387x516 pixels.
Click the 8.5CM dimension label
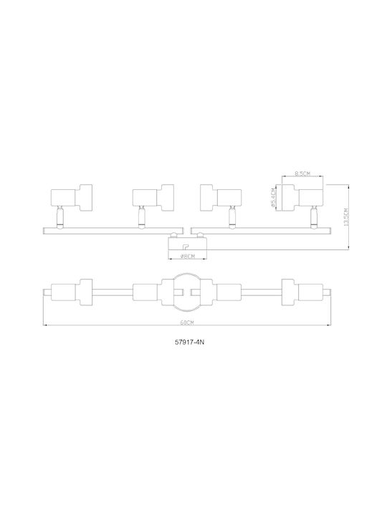point(302,173)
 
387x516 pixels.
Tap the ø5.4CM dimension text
point(273,198)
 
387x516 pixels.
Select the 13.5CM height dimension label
point(345,217)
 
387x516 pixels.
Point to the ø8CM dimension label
point(187,257)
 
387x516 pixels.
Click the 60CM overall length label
point(187,322)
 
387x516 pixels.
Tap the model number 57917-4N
point(189,342)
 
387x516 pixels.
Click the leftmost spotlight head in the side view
point(72,197)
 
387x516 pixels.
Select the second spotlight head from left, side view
point(153,197)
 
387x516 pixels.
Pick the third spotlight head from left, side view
point(221,197)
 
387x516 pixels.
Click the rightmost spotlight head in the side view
point(302,197)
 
